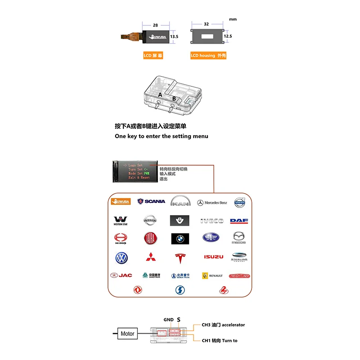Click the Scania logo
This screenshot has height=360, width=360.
tap(151, 202)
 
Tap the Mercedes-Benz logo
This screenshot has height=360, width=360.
tap(212, 202)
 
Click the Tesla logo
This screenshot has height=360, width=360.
tap(180, 258)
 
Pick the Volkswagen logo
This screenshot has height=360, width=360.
tap(121, 258)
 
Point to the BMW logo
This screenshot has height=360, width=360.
tap(180, 238)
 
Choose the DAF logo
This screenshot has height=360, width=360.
tap(239, 221)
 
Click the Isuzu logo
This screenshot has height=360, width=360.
tap(213, 257)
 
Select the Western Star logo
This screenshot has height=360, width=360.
tap(121, 220)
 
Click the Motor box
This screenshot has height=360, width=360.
tap(127, 333)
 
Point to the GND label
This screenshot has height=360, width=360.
tap(168, 319)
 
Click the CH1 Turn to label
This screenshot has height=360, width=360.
tap(220, 341)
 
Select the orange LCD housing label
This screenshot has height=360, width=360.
tap(208, 56)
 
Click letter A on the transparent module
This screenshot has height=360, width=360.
tap(160, 95)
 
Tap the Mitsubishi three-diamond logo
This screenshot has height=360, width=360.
tap(151, 257)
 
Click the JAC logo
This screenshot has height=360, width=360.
tap(121, 275)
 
